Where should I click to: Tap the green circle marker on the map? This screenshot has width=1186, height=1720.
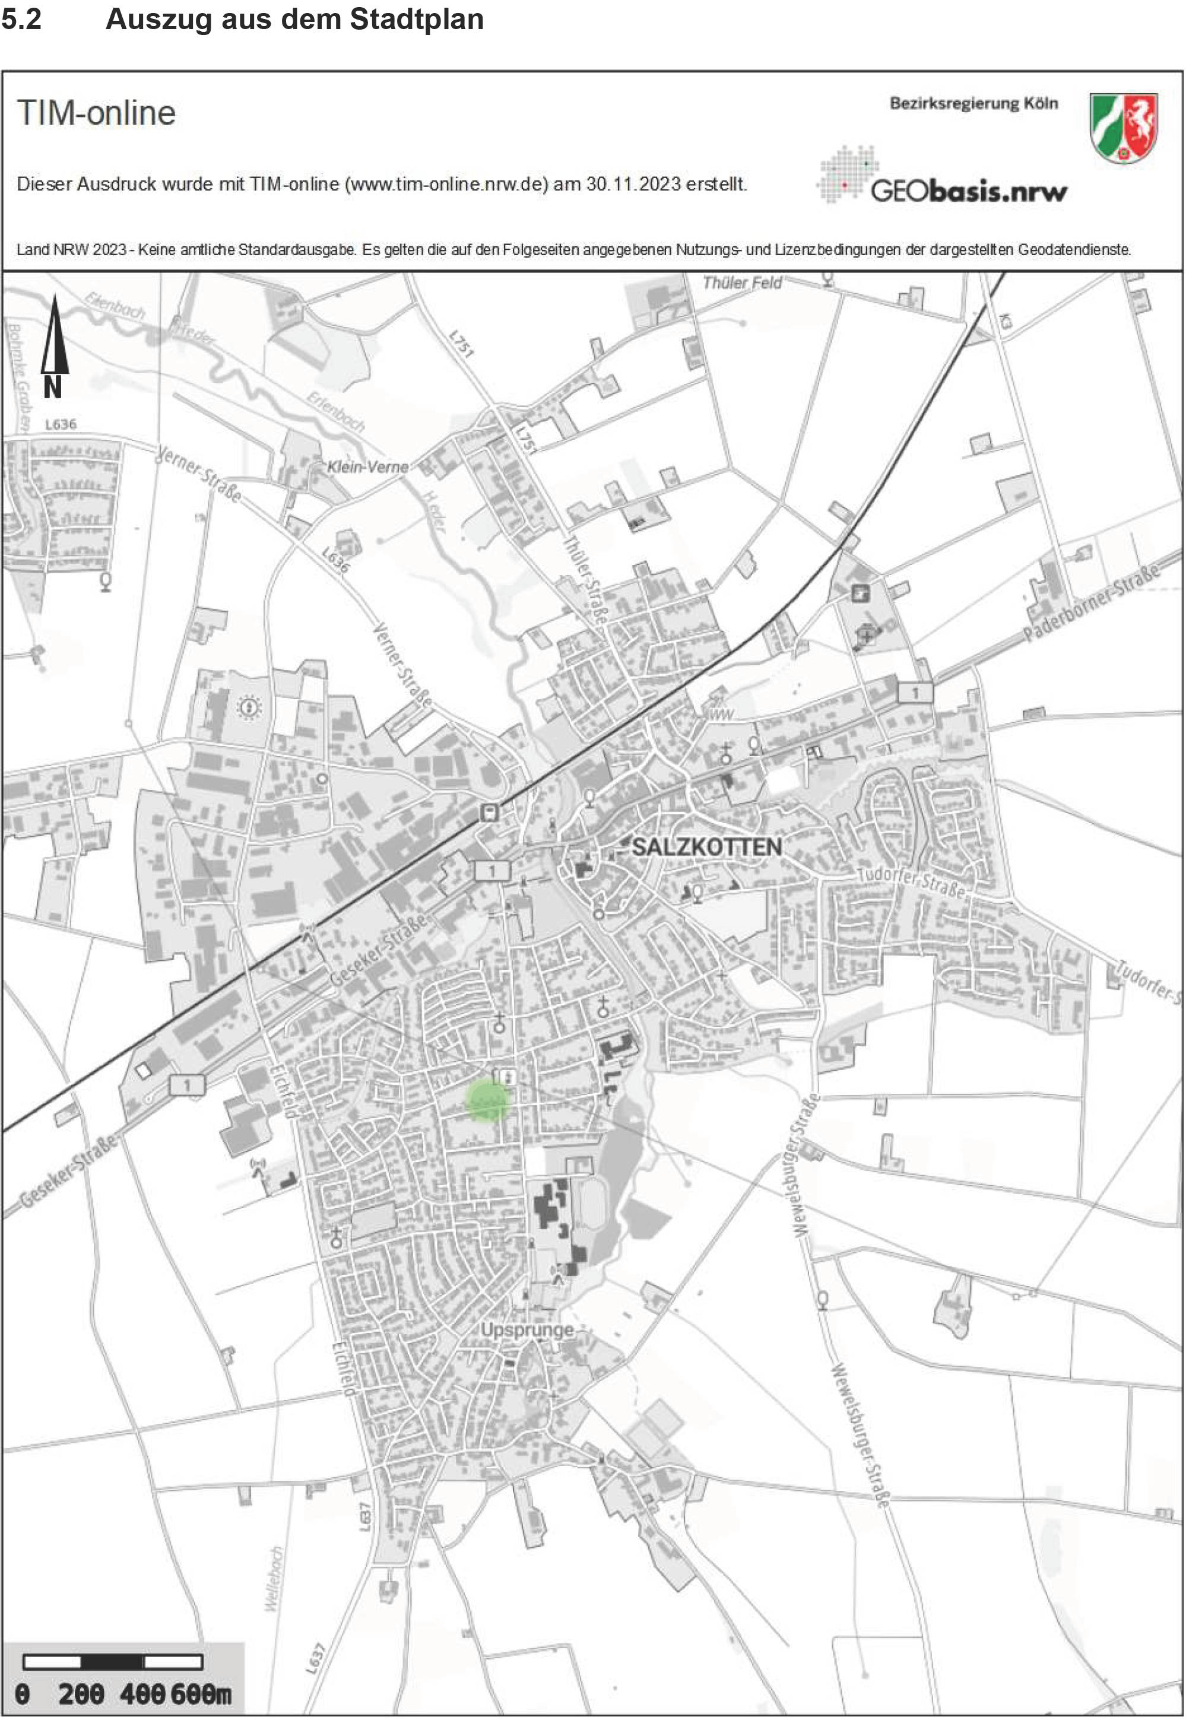[488, 1100]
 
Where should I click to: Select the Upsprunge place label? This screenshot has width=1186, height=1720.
[527, 1329]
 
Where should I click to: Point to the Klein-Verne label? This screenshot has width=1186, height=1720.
[368, 467]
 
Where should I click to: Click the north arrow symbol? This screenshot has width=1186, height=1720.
[53, 345]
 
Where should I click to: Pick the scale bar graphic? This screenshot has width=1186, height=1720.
[113, 1661]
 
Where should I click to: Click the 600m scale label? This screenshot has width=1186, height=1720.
[201, 1694]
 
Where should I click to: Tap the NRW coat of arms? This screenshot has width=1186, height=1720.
[1124, 127]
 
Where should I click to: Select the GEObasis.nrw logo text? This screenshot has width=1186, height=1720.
[968, 192]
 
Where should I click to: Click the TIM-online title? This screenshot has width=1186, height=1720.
[97, 113]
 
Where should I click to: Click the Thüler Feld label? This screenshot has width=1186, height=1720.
[741, 283]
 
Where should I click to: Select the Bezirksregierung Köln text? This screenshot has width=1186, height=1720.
[973, 103]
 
